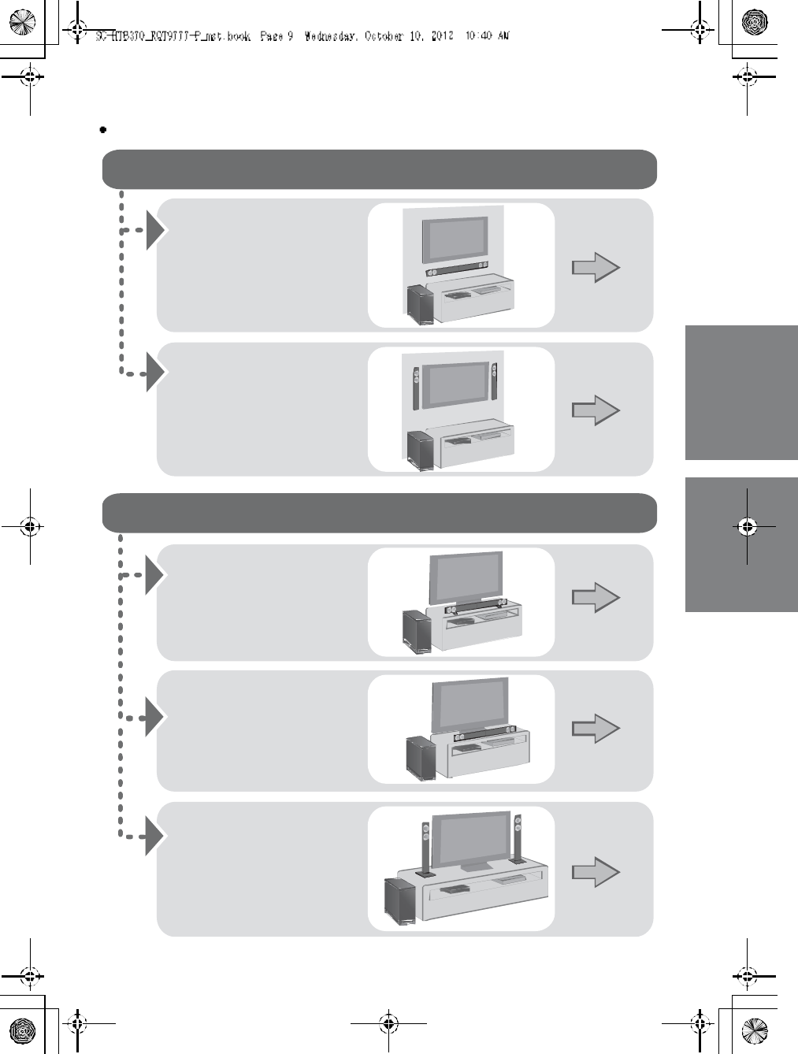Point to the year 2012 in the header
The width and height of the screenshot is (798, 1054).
pyautogui.click(x=441, y=36)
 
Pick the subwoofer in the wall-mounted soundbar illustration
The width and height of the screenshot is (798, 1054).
pyautogui.click(x=420, y=306)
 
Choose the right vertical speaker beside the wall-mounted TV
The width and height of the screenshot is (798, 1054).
pyautogui.click(x=495, y=381)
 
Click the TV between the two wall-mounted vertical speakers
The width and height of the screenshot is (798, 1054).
pyautogui.click(x=455, y=384)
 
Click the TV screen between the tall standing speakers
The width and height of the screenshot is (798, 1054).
pyautogui.click(x=471, y=841)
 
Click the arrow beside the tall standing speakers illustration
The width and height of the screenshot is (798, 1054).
pyautogui.click(x=596, y=872)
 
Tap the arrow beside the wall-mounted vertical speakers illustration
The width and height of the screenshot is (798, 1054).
pyautogui.click(x=596, y=410)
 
